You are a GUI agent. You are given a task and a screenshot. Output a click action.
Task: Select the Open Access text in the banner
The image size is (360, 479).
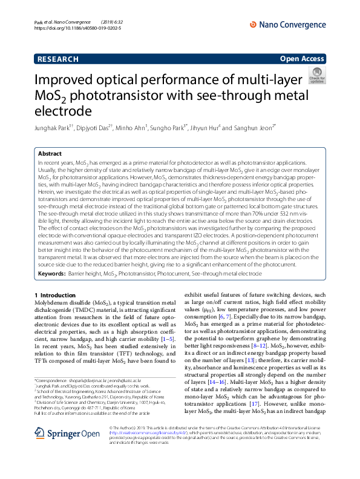[303, 59]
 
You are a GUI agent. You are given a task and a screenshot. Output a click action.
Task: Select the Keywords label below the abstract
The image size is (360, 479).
[51, 274]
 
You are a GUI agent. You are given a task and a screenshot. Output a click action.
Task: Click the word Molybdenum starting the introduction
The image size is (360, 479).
[50, 302]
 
